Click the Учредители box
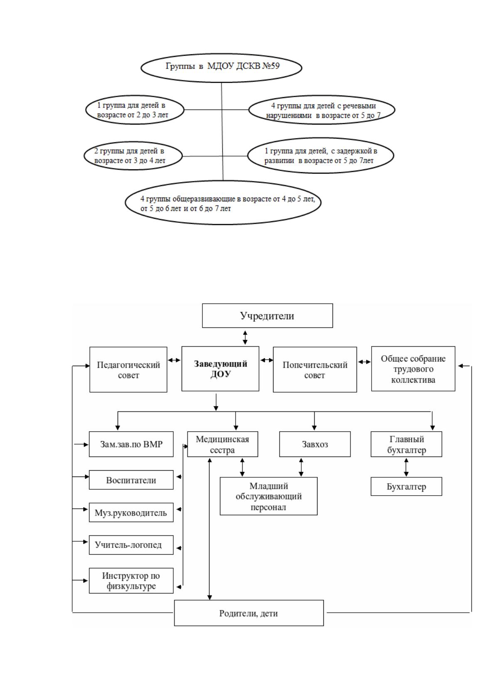click(267, 315)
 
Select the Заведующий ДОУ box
click(220, 369)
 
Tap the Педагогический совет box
click(128, 369)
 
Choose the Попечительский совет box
click(315, 369)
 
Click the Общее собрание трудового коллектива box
click(413, 369)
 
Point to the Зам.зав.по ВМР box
click(131, 444)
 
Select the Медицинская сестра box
click(222, 444)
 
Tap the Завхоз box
click(315, 444)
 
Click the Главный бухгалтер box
click(406, 444)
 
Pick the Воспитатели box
click(131, 480)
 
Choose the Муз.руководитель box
click(131, 512)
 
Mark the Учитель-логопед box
click(131, 545)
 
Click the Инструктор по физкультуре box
click(131, 580)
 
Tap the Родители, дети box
click(249, 613)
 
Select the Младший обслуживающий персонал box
click(268, 496)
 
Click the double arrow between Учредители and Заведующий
click(245, 337)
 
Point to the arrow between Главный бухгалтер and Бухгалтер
click(406, 467)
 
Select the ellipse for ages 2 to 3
click(135, 110)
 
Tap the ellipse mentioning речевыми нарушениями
click(322, 110)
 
